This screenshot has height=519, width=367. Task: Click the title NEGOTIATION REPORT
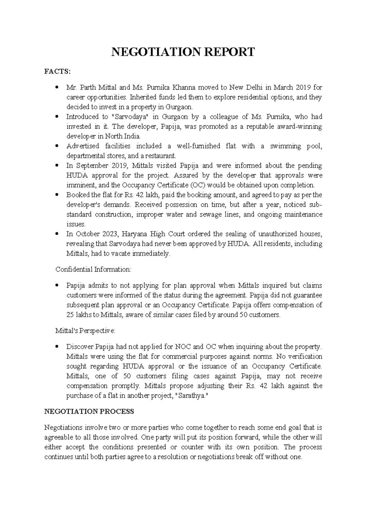(x=183, y=52)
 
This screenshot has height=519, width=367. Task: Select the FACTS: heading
(x=57, y=72)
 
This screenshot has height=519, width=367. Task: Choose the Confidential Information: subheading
(x=93, y=270)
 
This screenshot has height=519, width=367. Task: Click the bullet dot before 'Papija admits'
(x=57, y=286)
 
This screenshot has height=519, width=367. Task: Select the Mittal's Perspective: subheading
(x=85, y=331)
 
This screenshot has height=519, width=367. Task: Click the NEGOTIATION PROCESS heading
(x=89, y=412)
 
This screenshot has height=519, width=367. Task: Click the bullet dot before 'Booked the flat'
(x=57, y=195)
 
